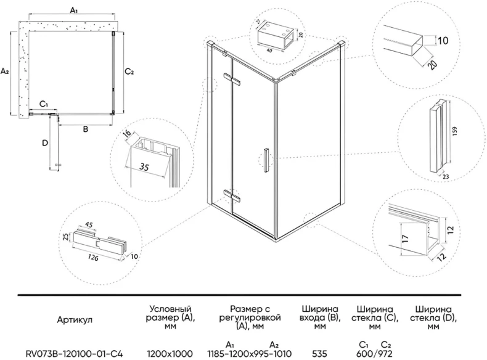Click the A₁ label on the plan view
pyautogui.click(x=73, y=10)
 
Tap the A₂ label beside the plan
pyautogui.click(x=6, y=72)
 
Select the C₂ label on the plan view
pyautogui.click(x=129, y=72)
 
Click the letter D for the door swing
pyautogui.click(x=44, y=144)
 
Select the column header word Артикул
pyautogui.click(x=74, y=321)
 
